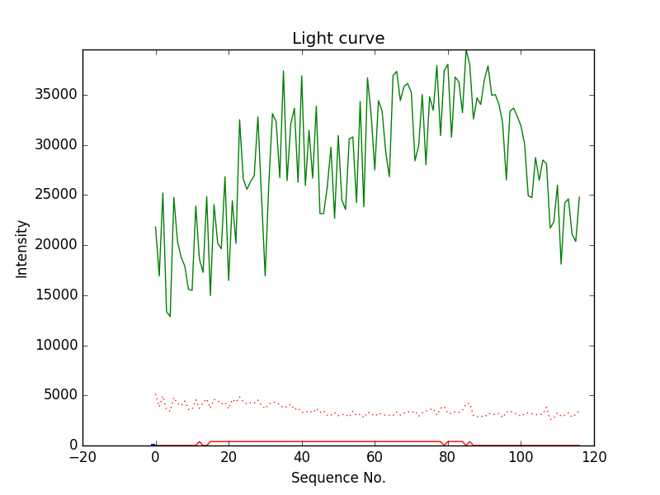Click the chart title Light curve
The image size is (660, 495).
click(x=338, y=39)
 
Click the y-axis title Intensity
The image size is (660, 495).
click(x=22, y=247)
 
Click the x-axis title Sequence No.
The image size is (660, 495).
click(x=338, y=478)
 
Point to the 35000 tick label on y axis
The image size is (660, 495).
click(x=55, y=95)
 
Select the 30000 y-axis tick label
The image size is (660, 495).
click(x=55, y=145)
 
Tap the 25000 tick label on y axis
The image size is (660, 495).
click(x=55, y=196)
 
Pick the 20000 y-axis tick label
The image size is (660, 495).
click(x=55, y=245)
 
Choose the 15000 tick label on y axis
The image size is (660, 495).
click(x=55, y=295)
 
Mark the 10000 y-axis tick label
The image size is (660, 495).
click(x=55, y=346)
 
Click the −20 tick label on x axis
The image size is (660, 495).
click(x=82, y=457)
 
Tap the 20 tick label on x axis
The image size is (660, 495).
click(x=229, y=457)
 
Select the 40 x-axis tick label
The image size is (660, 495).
click(x=302, y=457)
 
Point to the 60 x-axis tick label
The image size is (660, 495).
click(x=375, y=457)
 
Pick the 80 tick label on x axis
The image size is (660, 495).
click(x=448, y=457)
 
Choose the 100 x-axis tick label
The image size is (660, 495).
click(x=521, y=457)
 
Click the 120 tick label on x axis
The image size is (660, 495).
click(x=594, y=457)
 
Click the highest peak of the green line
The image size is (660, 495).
click(x=466, y=50)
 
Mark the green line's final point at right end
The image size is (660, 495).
click(x=579, y=197)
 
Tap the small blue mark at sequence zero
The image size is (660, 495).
click(x=153, y=444)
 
